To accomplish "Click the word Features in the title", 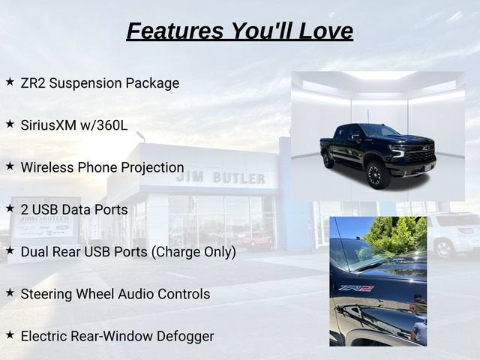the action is click(175, 31).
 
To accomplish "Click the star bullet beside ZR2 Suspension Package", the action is click(10, 82).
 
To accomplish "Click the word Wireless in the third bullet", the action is click(47, 167).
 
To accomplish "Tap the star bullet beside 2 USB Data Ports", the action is click(10, 208).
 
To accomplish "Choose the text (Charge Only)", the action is click(193, 252).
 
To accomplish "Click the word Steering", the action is click(46, 295).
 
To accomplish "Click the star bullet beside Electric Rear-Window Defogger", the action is click(10, 335).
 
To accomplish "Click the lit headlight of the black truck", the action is click(398, 151).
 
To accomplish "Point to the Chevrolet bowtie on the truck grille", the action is click(424, 148).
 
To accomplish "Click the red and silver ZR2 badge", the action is click(356, 288).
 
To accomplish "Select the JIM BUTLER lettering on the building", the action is click(220, 178).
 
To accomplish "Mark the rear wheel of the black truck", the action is click(328, 160).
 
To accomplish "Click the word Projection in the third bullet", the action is click(153, 168).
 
